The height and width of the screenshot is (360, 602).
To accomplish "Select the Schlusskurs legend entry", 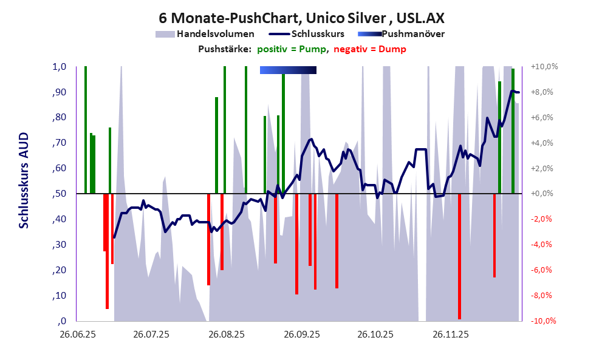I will [x=318, y=34].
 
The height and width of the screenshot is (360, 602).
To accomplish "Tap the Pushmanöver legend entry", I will [x=417, y=34].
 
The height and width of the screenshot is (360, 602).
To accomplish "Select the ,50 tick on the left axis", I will [x=58, y=194].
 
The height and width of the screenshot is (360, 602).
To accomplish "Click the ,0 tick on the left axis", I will [x=61, y=321].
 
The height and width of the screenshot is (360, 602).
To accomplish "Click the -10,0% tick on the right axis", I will [x=544, y=321].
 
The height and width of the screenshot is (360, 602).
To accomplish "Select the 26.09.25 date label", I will [x=300, y=335].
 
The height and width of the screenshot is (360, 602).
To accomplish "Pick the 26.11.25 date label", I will [x=450, y=335].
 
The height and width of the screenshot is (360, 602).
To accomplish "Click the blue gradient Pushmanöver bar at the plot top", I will [x=288, y=70].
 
